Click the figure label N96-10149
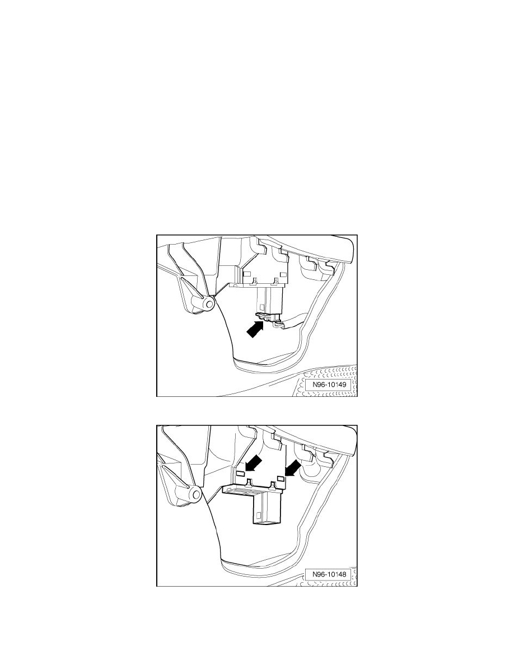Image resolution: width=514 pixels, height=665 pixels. [x=329, y=385]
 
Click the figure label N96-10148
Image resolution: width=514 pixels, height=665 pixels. [x=329, y=575]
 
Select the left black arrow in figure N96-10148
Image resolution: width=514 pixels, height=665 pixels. [x=254, y=464]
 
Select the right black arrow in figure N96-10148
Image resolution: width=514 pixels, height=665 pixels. [x=293, y=469]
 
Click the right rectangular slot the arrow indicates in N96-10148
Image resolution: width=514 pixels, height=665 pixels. [x=280, y=478]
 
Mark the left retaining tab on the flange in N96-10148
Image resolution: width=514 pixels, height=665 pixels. [x=249, y=482]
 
